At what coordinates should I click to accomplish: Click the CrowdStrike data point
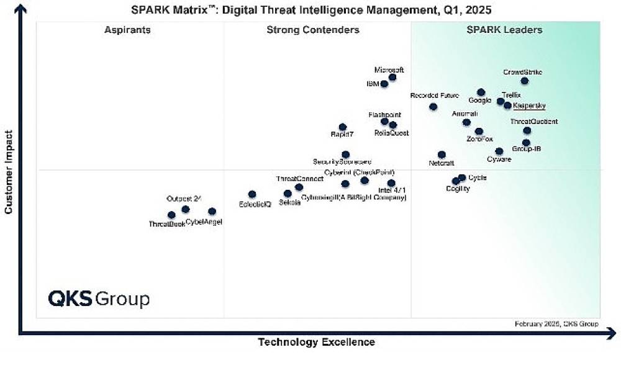(x=525, y=81)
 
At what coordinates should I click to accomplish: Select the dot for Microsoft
(x=392, y=78)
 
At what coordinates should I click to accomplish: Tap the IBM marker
(x=384, y=84)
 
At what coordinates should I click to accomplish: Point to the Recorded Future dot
(x=433, y=107)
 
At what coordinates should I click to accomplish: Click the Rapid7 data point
(x=342, y=127)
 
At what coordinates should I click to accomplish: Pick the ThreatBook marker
(x=171, y=215)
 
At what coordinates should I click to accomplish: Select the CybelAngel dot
(x=212, y=212)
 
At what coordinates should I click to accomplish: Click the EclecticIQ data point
(x=252, y=194)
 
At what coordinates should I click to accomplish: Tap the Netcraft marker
(x=442, y=155)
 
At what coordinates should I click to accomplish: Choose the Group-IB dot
(x=526, y=143)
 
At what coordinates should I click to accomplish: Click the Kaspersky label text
(x=529, y=105)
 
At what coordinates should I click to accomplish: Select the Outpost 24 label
(x=184, y=199)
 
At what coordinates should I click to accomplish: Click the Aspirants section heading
(x=127, y=30)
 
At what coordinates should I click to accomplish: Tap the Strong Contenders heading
(x=313, y=30)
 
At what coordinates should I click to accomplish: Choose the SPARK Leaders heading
(x=504, y=30)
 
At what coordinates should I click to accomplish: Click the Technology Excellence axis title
(x=316, y=342)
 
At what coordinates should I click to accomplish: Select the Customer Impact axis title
(x=9, y=172)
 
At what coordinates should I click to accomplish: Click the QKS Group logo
(x=99, y=299)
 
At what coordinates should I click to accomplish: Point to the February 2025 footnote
(x=556, y=324)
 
